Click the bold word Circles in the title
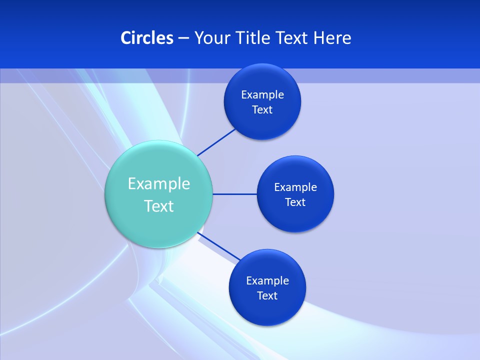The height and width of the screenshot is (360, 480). coord(147,38)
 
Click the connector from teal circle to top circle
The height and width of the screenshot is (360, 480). coord(216,142)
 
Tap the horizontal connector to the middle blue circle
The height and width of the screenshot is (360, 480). coord(234,194)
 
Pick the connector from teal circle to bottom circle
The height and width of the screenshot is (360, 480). coord(219,246)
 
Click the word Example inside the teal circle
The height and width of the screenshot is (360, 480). coord(159,183)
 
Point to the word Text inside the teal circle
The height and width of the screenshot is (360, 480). coord(159,206)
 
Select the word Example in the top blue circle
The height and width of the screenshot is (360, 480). coord(262,95)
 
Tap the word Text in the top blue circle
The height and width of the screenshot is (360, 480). coord(262,109)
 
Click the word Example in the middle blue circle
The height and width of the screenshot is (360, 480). coord(295,187)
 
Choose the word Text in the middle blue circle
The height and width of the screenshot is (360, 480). coord(295,202)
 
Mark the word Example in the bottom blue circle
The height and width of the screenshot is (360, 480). coord(267,281)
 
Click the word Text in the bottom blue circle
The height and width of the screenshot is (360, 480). coord(267,295)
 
